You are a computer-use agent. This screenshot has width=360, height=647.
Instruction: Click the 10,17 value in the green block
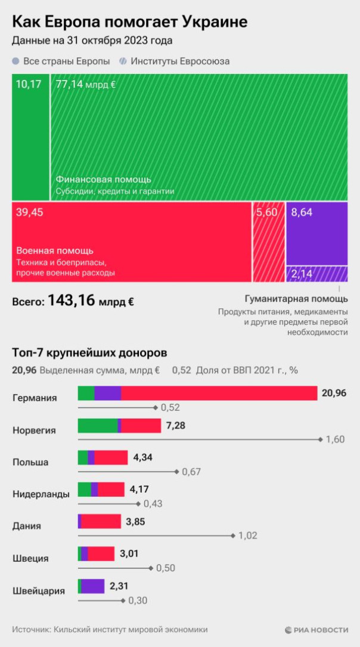pos(29,84)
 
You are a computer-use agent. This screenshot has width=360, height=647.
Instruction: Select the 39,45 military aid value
pos(30,212)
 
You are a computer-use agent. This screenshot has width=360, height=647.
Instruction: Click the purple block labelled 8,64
pos(316,233)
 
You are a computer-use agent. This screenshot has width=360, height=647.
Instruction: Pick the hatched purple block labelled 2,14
pos(316,274)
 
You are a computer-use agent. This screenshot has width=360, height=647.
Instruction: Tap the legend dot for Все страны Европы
pos(15,61)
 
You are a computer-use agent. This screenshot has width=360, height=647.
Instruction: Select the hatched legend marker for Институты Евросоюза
pos(122,61)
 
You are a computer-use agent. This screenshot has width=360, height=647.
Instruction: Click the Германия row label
pos(35,398)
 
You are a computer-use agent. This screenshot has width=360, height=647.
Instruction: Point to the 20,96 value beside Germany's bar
pos(333,393)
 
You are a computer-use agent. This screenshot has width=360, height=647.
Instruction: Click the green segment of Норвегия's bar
pos(97,425)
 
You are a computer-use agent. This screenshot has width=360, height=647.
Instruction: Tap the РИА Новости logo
pos(316,629)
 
